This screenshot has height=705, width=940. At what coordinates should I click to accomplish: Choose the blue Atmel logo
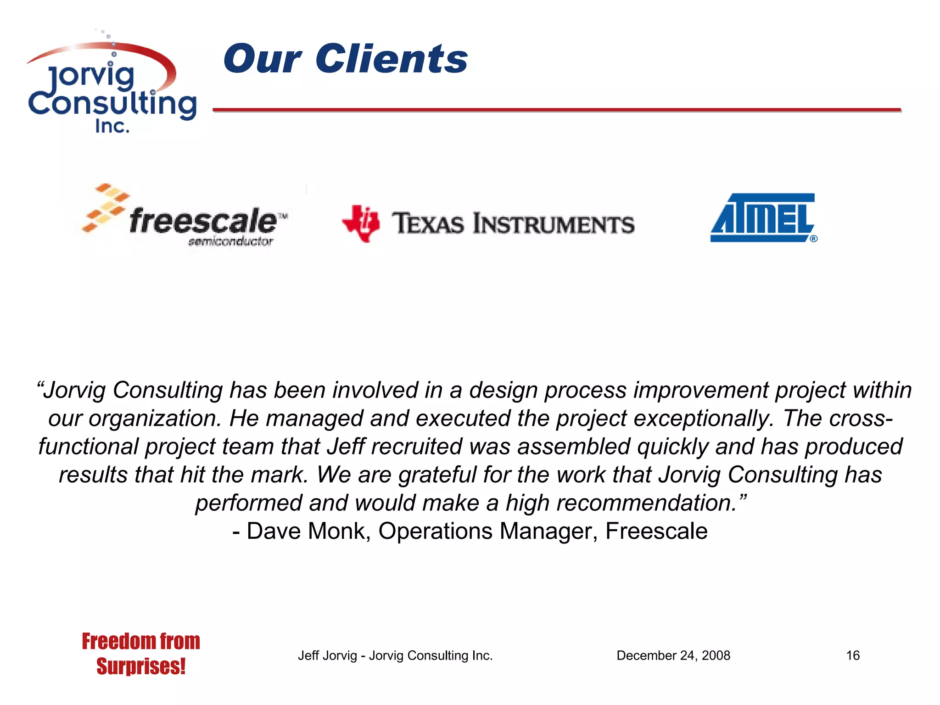(x=762, y=217)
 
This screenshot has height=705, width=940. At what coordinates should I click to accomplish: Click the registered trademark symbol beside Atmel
(x=813, y=239)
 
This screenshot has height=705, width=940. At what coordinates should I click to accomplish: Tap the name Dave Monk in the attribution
(x=308, y=531)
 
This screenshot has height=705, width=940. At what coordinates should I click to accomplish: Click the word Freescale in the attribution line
(x=656, y=531)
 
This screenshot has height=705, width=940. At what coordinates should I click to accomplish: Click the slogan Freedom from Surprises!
(x=141, y=654)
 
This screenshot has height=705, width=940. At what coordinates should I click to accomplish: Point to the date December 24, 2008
(x=673, y=655)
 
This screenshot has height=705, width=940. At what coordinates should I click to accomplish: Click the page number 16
(x=853, y=655)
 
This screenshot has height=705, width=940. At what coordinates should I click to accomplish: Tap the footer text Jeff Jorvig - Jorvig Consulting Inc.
(x=395, y=655)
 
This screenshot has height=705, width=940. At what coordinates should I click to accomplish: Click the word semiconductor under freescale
(x=230, y=241)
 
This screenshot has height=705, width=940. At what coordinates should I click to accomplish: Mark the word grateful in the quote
(x=437, y=475)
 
